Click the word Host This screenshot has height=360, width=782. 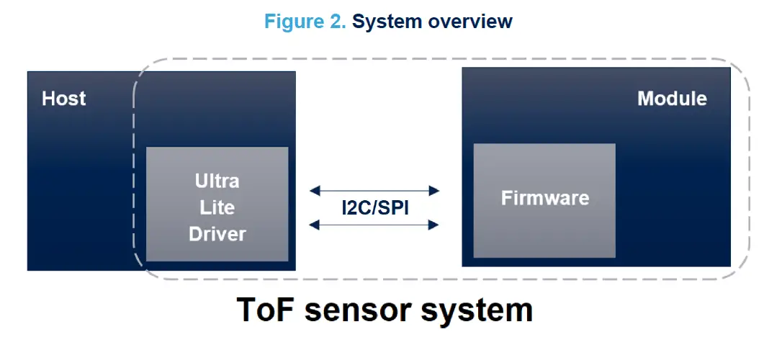pos(63,99)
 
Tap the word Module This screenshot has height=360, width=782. pos(672,99)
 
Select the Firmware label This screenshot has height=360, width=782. pos(544,198)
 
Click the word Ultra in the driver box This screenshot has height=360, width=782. pos(217,180)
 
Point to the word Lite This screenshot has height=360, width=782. pos(217,207)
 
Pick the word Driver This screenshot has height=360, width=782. pos(217,234)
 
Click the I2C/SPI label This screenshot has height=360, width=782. pos(374,208)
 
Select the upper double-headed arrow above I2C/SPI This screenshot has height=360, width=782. pos(374,191)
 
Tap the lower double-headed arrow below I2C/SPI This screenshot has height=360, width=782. pos(374,225)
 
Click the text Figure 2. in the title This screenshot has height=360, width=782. pos(305,22)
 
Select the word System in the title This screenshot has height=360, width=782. pos(387,22)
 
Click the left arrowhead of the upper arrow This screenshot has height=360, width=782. pos(315,191)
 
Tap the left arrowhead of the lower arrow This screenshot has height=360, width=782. pos(315,225)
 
